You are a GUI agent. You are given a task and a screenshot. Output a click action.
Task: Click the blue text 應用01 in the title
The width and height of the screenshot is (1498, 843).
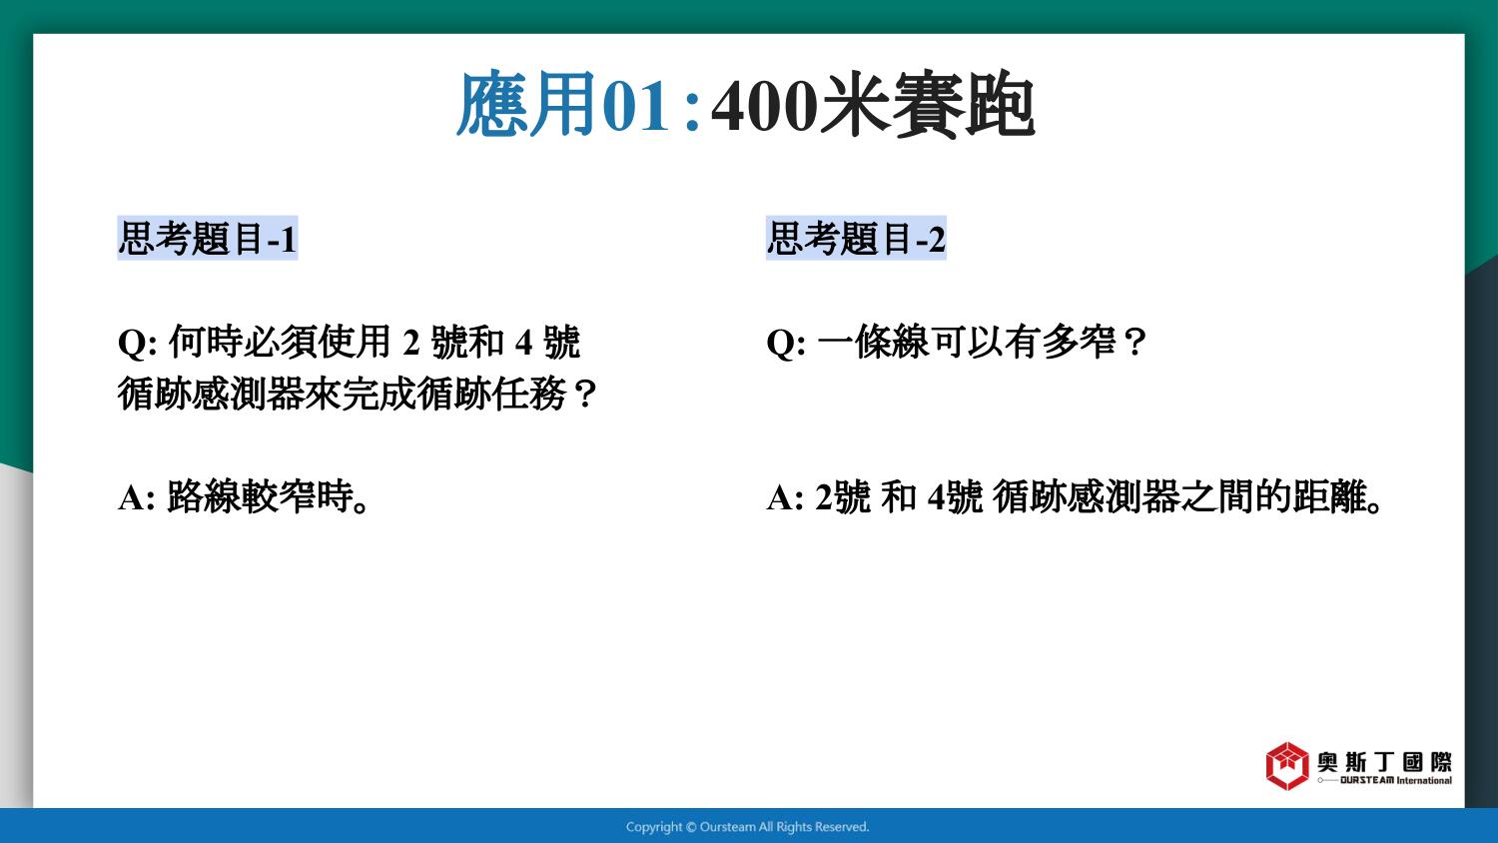(563, 104)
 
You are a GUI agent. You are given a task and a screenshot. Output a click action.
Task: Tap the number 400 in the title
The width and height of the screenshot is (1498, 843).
(764, 105)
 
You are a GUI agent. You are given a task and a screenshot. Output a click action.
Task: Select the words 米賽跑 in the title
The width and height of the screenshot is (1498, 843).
(928, 104)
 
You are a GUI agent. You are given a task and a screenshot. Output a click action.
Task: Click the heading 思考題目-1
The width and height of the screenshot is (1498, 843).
(208, 238)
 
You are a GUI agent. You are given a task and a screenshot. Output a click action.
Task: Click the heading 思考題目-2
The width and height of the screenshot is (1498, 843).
(856, 238)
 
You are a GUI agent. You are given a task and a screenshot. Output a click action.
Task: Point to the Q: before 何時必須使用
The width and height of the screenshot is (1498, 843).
(138, 343)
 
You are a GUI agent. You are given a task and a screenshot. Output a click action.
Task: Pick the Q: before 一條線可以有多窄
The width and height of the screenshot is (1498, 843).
(787, 343)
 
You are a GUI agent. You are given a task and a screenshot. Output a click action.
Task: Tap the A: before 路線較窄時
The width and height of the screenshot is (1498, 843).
(137, 497)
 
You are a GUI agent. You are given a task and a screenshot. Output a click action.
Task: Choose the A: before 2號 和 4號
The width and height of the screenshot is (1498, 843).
(785, 497)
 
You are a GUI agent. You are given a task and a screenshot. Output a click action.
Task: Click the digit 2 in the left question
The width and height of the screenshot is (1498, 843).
(410, 343)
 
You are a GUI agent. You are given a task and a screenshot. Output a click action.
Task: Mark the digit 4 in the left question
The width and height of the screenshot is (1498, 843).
(523, 343)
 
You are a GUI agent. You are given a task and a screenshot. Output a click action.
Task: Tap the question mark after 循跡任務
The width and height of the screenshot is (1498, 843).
(585, 395)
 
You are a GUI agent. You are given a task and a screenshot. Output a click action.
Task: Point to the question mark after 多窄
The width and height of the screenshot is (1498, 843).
(1134, 343)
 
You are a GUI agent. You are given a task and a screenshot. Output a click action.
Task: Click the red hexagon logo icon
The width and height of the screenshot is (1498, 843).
(1286, 766)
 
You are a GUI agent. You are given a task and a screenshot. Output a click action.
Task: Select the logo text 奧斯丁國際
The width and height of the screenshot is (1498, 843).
(1384, 762)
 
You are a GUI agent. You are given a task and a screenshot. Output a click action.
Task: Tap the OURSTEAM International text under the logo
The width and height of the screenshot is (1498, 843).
(1396, 780)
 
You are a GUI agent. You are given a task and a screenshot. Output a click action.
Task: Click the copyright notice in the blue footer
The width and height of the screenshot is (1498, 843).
(748, 827)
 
